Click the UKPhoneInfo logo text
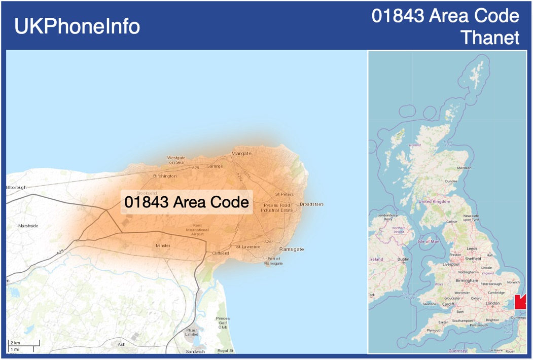(x=77, y=26)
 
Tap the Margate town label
(x=241, y=153)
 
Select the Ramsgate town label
(x=292, y=249)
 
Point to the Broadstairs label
(x=311, y=204)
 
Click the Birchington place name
(x=165, y=176)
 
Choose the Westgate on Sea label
(x=176, y=160)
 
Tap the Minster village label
(x=163, y=246)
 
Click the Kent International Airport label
(x=197, y=230)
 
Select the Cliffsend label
(x=221, y=253)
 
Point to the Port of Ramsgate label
(x=273, y=261)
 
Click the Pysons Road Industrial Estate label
(x=277, y=207)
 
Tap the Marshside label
(x=28, y=226)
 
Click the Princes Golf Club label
(x=223, y=323)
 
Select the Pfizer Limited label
(x=192, y=332)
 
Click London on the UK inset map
(x=492, y=303)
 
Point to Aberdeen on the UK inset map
(x=464, y=168)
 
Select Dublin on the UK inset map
(x=403, y=260)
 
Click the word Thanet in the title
(x=490, y=38)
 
